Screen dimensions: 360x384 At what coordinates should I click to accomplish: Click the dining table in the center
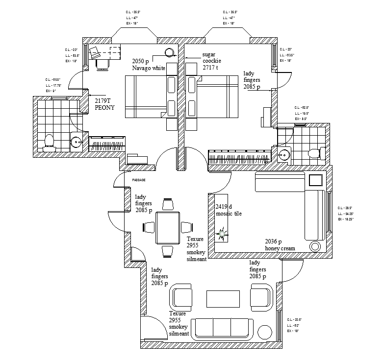(167, 227)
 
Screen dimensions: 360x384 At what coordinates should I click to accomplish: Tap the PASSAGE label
(139, 180)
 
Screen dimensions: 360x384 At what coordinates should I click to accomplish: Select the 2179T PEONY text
(104, 104)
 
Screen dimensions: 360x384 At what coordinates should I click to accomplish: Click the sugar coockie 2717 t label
(213, 62)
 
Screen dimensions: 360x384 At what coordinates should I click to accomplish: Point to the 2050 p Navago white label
(148, 65)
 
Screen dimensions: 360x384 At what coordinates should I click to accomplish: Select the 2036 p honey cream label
(280, 245)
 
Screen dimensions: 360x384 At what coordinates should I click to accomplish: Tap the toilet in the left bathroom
(48, 142)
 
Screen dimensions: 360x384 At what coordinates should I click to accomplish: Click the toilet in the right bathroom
(315, 153)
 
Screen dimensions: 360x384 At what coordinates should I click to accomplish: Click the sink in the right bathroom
(284, 154)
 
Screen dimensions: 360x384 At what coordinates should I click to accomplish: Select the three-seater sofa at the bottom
(223, 329)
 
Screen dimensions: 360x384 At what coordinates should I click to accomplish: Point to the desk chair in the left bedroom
(102, 64)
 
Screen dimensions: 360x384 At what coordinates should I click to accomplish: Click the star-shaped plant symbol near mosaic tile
(222, 235)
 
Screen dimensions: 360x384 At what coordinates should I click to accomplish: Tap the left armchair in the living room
(182, 298)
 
